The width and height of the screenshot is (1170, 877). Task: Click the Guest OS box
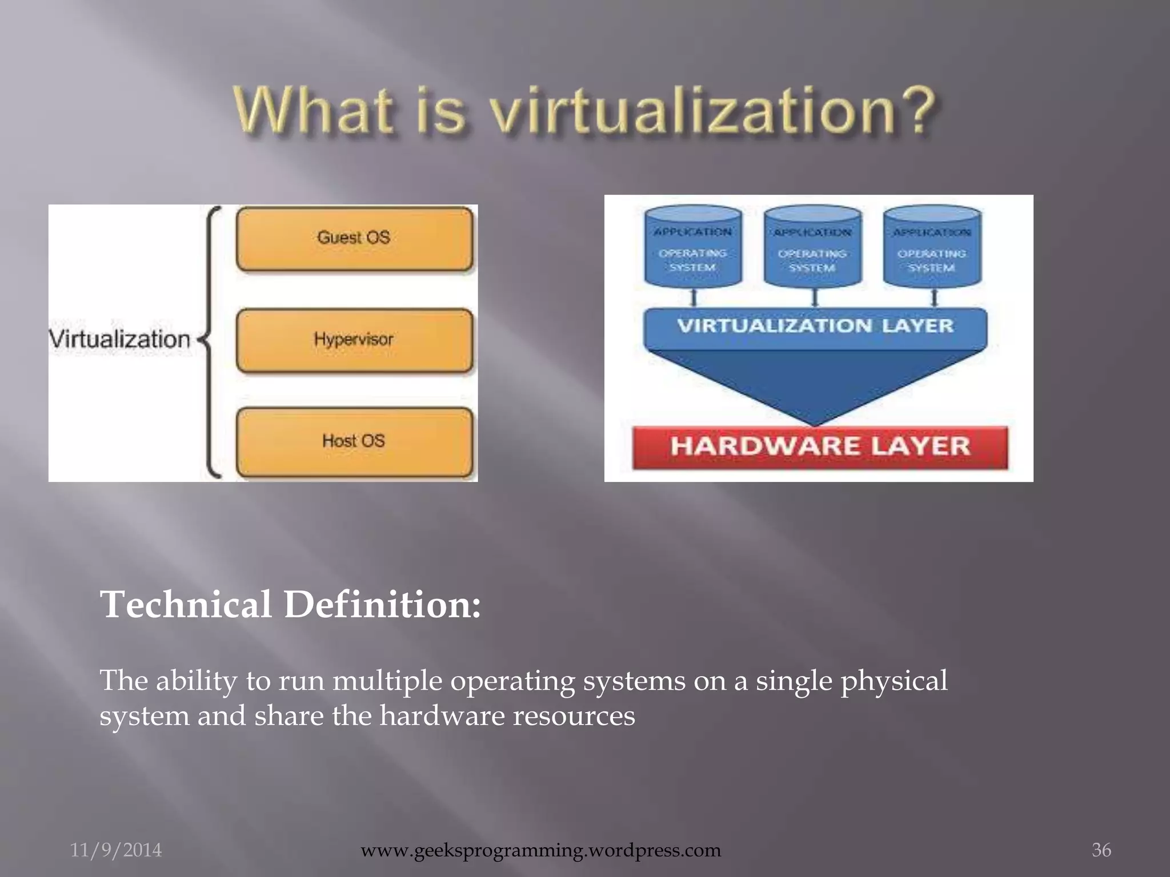pyautogui.click(x=354, y=239)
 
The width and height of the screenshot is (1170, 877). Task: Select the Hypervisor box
pyautogui.click(x=354, y=340)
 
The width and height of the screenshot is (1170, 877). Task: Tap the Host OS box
pyautogui.click(x=354, y=442)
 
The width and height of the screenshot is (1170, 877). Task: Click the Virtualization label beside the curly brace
pyautogui.click(x=120, y=339)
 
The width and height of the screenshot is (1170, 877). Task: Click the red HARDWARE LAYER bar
pyautogui.click(x=820, y=447)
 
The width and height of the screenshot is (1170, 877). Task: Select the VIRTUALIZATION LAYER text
pyautogui.click(x=815, y=326)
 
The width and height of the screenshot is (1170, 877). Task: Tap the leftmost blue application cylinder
pyautogui.click(x=693, y=247)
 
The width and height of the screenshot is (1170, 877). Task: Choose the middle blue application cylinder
pyautogui.click(x=812, y=247)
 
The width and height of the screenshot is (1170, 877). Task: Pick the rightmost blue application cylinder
pyautogui.click(x=932, y=247)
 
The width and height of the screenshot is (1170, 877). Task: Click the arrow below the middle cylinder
pyautogui.click(x=815, y=297)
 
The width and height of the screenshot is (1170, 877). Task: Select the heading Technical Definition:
pyautogui.click(x=290, y=605)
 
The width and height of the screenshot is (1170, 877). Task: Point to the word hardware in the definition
pyautogui.click(x=442, y=716)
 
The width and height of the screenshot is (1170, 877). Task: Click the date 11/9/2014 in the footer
pyautogui.click(x=116, y=850)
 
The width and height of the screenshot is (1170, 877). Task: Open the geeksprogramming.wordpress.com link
pyautogui.click(x=540, y=850)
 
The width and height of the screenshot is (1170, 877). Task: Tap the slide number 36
pyautogui.click(x=1101, y=850)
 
